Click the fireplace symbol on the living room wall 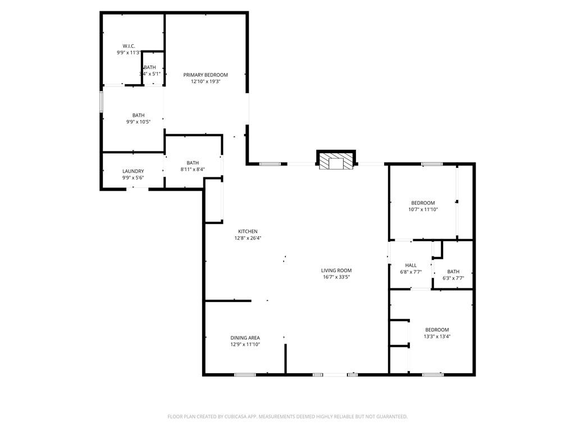(336, 160)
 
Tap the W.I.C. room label (129, 46)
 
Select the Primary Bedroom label (206, 75)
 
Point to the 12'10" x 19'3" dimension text (206, 82)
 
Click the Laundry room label (133, 171)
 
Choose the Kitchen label (248, 231)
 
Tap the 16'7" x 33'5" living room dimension (336, 277)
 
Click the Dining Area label (245, 338)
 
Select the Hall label (410, 265)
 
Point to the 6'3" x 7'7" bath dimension (453, 278)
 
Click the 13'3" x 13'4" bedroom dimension (437, 337)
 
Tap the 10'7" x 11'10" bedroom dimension (423, 210)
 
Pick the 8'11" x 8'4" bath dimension (193, 169)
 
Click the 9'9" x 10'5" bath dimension (138, 122)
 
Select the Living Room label (336, 270)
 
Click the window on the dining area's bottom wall (245, 374)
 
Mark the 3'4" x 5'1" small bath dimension (150, 74)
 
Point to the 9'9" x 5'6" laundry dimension (133, 178)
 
